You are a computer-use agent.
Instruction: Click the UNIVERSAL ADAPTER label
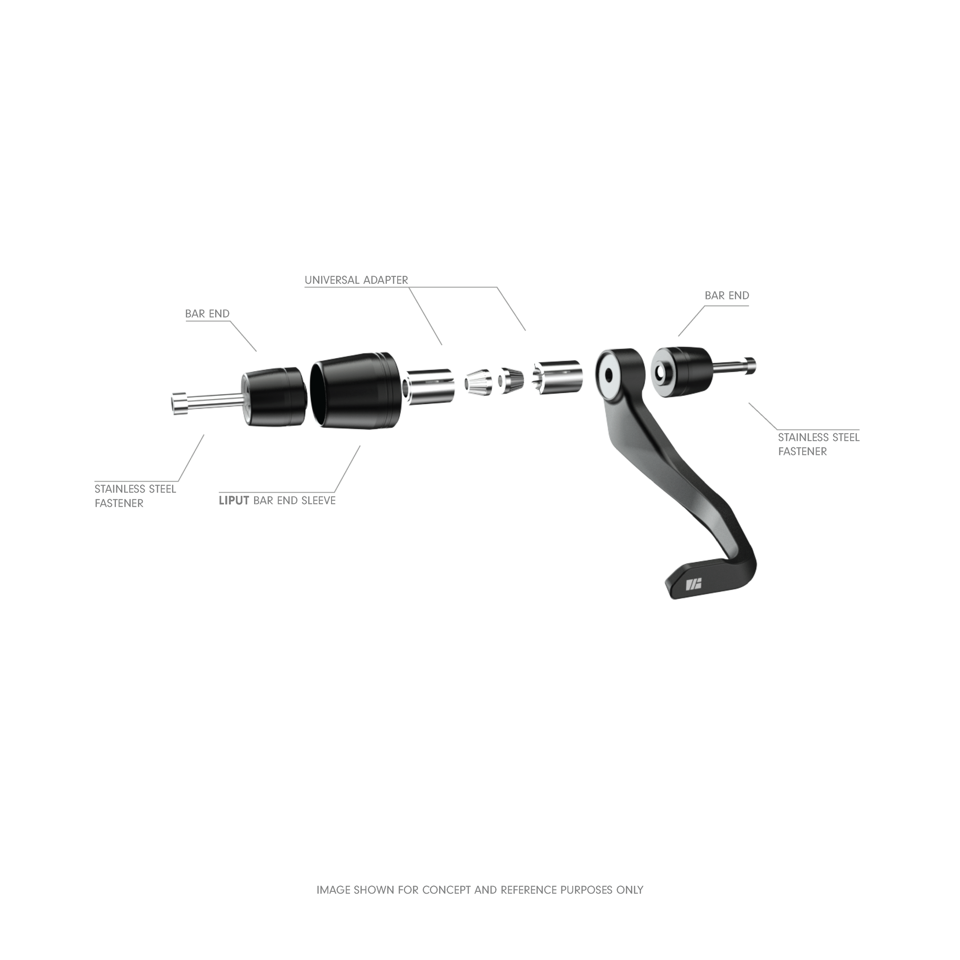click(x=356, y=280)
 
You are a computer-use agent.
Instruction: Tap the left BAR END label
click(x=207, y=314)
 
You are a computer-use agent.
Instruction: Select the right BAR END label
click(x=727, y=295)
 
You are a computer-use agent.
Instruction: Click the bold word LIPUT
click(x=234, y=500)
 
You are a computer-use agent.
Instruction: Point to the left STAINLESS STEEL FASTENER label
click(x=135, y=496)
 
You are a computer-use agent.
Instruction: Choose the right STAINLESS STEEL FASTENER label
click(x=819, y=444)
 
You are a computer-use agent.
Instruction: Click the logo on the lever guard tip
click(x=693, y=586)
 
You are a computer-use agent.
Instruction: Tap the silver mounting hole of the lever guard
click(x=608, y=375)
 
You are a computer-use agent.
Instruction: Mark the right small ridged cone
click(x=510, y=381)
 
